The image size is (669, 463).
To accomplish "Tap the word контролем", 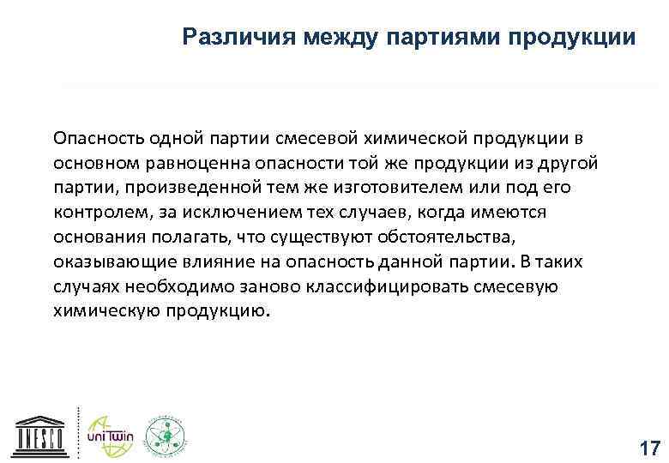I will [91, 212].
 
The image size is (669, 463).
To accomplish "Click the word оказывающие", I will [107, 261].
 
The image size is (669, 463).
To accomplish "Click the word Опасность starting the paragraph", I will [94, 139].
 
